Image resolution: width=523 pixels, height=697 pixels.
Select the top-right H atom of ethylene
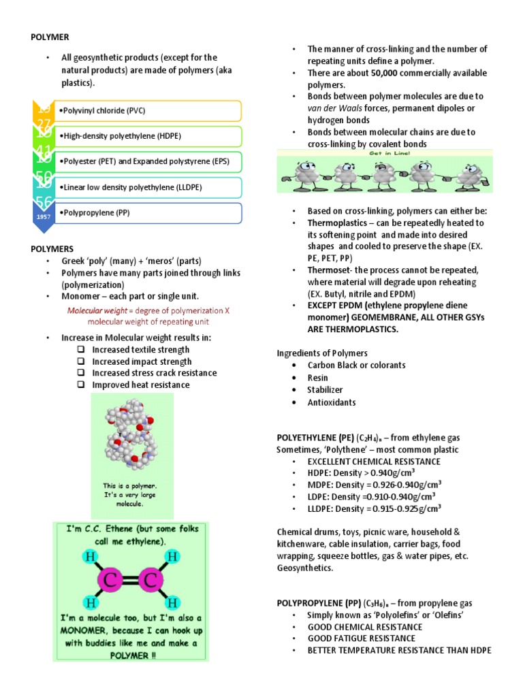tap(173, 556)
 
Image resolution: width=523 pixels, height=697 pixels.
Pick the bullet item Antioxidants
tap(332, 402)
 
